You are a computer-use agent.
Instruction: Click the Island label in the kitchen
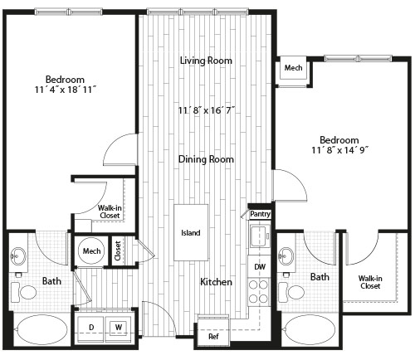point(191,233)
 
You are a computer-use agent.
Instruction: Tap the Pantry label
point(260,214)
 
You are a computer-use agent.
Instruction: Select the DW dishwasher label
point(260,267)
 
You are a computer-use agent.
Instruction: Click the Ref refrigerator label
point(213,337)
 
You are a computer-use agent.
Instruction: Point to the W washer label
point(119,328)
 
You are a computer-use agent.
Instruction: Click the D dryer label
point(91,328)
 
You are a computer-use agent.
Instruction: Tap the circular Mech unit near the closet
point(91,251)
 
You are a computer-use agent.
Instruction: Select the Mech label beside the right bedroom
point(293,68)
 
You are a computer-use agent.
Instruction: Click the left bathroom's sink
point(18,256)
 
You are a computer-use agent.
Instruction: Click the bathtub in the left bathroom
point(41,329)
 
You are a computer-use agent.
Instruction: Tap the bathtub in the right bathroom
point(310,329)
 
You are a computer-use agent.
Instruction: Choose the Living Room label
point(206,61)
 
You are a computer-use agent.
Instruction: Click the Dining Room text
point(206,159)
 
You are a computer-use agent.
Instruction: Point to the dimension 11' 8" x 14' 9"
point(340,150)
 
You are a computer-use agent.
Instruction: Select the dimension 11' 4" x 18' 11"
point(66,90)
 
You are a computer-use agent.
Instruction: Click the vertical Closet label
point(118,251)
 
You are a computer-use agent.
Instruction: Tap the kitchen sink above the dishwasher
point(260,236)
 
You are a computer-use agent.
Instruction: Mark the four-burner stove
point(258,292)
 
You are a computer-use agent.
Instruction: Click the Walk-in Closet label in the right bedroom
point(370,282)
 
